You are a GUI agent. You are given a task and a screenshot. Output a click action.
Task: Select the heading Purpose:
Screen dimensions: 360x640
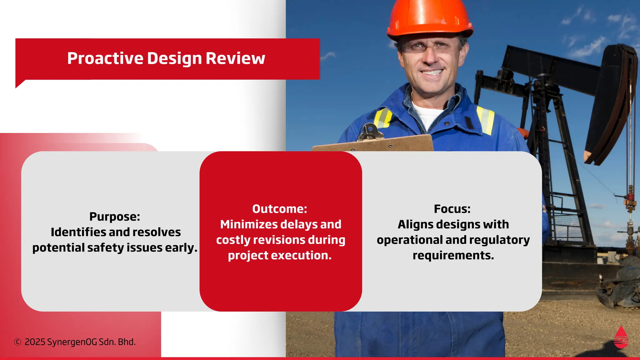115,217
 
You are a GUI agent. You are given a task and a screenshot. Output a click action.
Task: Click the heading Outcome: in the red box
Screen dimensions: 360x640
280,209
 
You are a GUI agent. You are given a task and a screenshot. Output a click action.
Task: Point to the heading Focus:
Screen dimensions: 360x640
452,209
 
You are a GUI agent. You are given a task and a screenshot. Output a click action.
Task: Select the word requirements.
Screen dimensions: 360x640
453,256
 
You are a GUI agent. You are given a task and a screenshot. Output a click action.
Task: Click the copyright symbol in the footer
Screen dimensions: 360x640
17,342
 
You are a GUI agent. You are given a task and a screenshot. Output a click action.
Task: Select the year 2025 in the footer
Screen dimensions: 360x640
35,342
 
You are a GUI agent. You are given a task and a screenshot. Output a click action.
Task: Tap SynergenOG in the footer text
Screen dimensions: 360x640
72,342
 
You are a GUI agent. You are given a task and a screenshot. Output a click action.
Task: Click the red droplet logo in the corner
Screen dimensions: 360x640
621,337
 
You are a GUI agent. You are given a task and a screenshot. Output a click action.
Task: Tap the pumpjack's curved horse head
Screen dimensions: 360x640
609,103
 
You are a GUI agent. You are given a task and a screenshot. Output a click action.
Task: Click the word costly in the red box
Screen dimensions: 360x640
233,240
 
